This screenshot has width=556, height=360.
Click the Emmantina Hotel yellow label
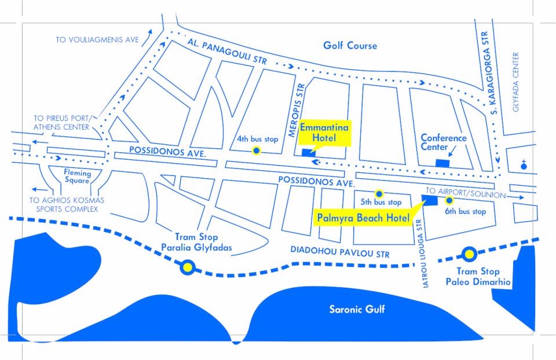pyautogui.click(x=324, y=132)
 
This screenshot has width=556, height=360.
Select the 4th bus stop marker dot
pyautogui.click(x=256, y=151)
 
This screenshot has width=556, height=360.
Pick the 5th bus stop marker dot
pyautogui.click(x=379, y=193)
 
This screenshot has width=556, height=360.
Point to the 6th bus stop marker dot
pyautogui.click(x=449, y=200)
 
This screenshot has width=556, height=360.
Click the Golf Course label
pyautogui.click(x=350, y=46)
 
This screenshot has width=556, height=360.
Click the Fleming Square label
pyautogui.click(x=77, y=177)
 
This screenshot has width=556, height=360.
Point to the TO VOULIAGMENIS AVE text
pyautogui.click(x=97, y=40)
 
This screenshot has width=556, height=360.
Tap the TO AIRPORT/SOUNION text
pyautogui.click(x=466, y=191)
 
